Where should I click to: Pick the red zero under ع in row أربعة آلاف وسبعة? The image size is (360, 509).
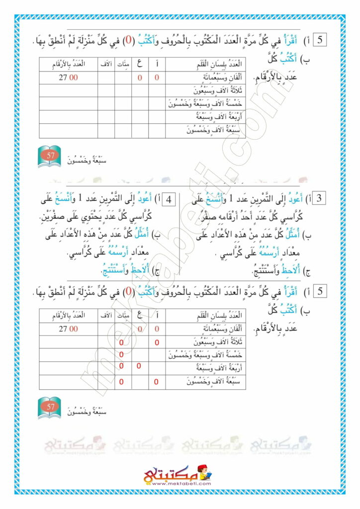click(x=139, y=366)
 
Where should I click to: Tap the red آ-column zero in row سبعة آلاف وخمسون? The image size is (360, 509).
click(x=157, y=382)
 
